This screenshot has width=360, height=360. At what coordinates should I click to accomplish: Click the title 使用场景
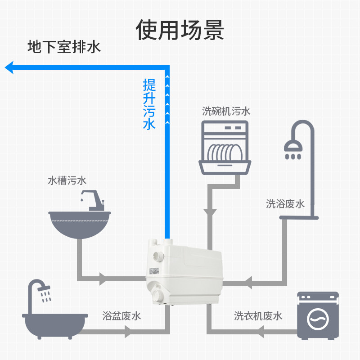tap(180, 30)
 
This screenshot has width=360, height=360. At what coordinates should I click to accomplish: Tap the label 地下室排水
tap(64, 47)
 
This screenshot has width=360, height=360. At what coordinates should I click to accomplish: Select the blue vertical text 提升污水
tap(149, 104)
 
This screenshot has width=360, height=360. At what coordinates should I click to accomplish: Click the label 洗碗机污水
tap(225, 111)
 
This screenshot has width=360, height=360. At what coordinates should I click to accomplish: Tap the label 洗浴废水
tap(285, 204)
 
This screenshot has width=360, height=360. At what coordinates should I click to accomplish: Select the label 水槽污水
tap(67, 181)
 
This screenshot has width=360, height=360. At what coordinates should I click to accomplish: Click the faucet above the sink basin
tap(93, 201)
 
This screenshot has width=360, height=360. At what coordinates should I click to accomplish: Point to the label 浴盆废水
tap(121, 316)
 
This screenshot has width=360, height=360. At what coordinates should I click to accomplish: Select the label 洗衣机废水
tap(258, 316)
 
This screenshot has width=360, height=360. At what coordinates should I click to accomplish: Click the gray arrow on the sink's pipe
tap(103, 278)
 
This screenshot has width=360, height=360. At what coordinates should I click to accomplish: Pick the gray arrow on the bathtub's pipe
tap(129, 332)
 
